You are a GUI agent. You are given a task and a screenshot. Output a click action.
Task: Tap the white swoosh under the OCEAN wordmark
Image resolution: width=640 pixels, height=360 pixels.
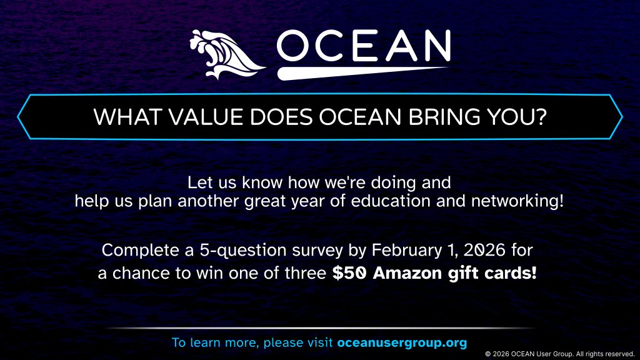pyautogui.click(x=362, y=72)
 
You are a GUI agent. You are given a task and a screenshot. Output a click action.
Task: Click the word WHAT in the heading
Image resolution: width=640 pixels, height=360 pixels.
pyautogui.click(x=117, y=117)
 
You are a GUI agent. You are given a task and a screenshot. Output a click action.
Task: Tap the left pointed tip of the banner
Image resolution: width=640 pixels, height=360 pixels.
pyautogui.click(x=19, y=116)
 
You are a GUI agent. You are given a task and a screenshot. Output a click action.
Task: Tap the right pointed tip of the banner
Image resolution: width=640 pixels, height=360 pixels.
pyautogui.click(x=621, y=116)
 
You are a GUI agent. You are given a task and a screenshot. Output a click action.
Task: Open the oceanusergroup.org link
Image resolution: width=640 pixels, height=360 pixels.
pyautogui.click(x=402, y=342)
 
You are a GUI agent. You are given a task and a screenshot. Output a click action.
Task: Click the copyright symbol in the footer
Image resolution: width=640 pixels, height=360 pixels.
pyautogui.click(x=488, y=354)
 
